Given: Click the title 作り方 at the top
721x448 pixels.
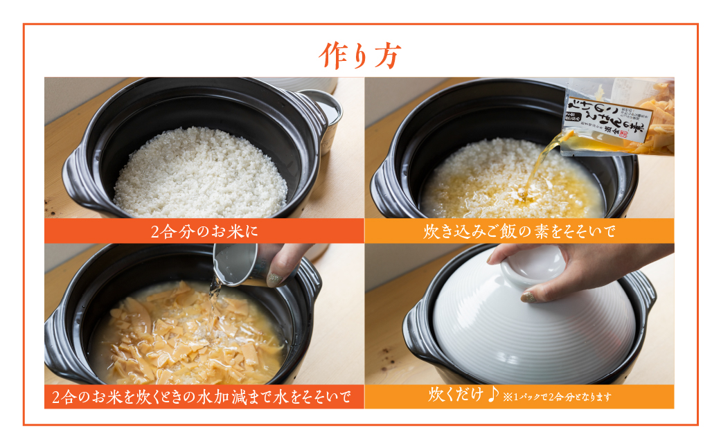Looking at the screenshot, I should coord(359,56).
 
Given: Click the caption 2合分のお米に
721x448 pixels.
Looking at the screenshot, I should coord(204,231).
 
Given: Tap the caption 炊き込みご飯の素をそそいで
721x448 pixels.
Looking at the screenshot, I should coord(519,231).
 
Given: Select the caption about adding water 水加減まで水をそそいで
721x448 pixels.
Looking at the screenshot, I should coord(204,397).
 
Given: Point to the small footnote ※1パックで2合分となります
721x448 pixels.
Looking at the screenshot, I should coord(558,397).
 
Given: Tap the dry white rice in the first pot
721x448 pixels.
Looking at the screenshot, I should coord(201,173).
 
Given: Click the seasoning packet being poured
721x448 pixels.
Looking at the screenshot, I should coord(616,114).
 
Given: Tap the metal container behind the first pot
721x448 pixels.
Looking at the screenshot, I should coord(329,114).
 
